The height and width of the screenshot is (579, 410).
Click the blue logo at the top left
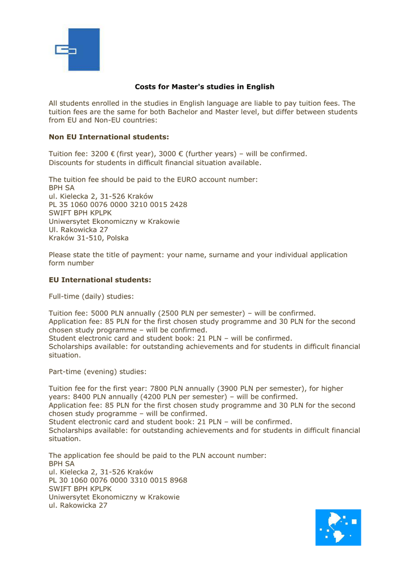76,50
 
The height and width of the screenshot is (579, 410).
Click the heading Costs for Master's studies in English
204,87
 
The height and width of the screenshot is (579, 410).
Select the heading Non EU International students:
109,137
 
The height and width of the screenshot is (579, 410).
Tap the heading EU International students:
100,279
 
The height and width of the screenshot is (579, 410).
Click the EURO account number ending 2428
118,204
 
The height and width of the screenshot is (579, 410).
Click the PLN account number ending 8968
118,480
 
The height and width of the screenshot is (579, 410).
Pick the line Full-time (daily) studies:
91,296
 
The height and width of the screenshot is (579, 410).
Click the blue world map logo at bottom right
338,527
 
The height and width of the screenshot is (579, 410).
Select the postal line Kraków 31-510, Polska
88,238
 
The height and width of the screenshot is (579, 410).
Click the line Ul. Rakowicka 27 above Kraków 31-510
78,230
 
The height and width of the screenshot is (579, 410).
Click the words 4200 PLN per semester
164,397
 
